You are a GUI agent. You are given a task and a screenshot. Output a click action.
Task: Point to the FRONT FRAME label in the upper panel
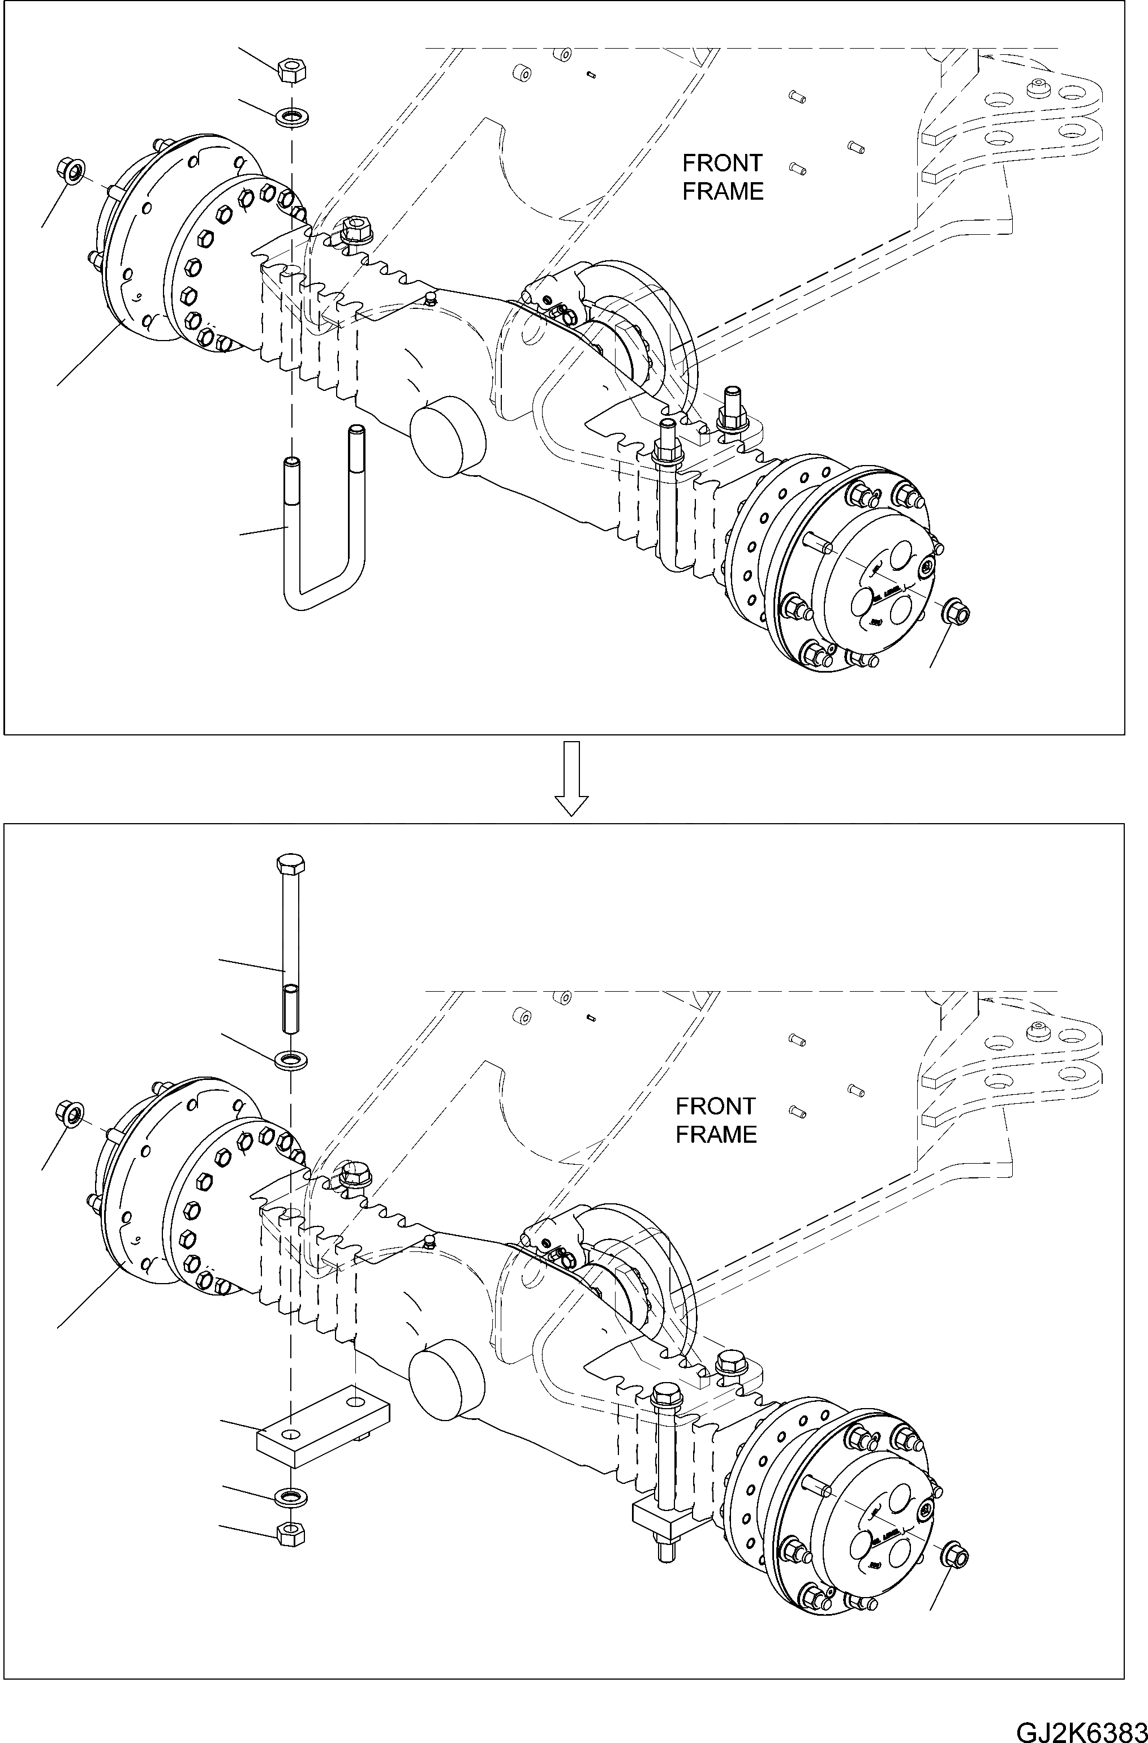pos(723,177)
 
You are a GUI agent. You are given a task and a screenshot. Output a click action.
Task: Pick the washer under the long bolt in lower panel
pos(291,1059)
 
